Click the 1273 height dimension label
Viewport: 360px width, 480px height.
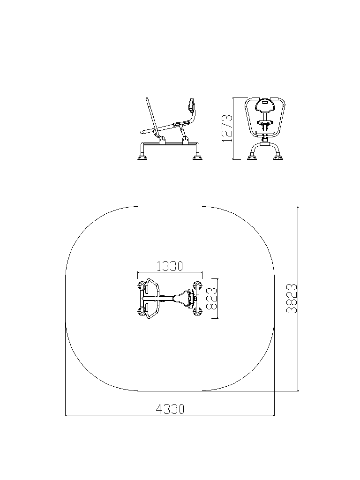tap(227, 128)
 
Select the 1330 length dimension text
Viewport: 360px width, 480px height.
tap(170, 266)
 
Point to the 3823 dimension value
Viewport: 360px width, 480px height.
tap(292, 298)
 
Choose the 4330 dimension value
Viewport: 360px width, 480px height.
tap(170, 409)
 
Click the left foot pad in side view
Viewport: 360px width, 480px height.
tap(142, 157)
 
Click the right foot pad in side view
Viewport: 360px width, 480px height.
tap(197, 157)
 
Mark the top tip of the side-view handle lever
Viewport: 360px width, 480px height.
tap(147, 98)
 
